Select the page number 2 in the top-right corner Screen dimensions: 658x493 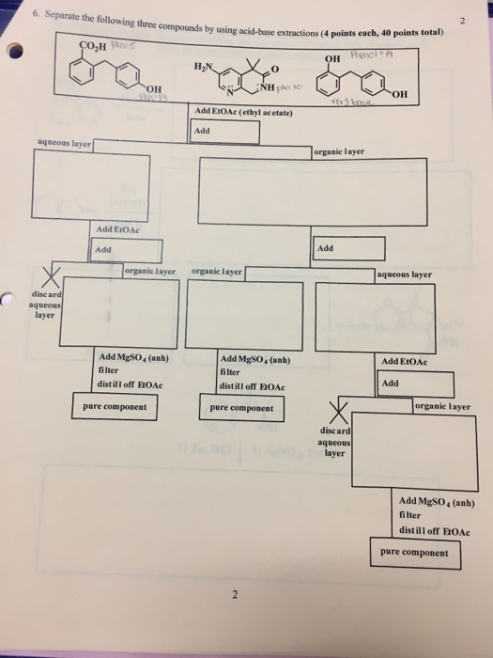click(x=463, y=16)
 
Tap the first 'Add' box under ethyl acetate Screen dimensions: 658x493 click(x=224, y=131)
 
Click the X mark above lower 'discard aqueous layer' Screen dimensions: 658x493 click(x=334, y=411)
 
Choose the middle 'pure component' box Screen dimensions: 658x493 click(x=242, y=408)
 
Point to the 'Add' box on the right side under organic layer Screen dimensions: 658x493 click(x=350, y=248)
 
